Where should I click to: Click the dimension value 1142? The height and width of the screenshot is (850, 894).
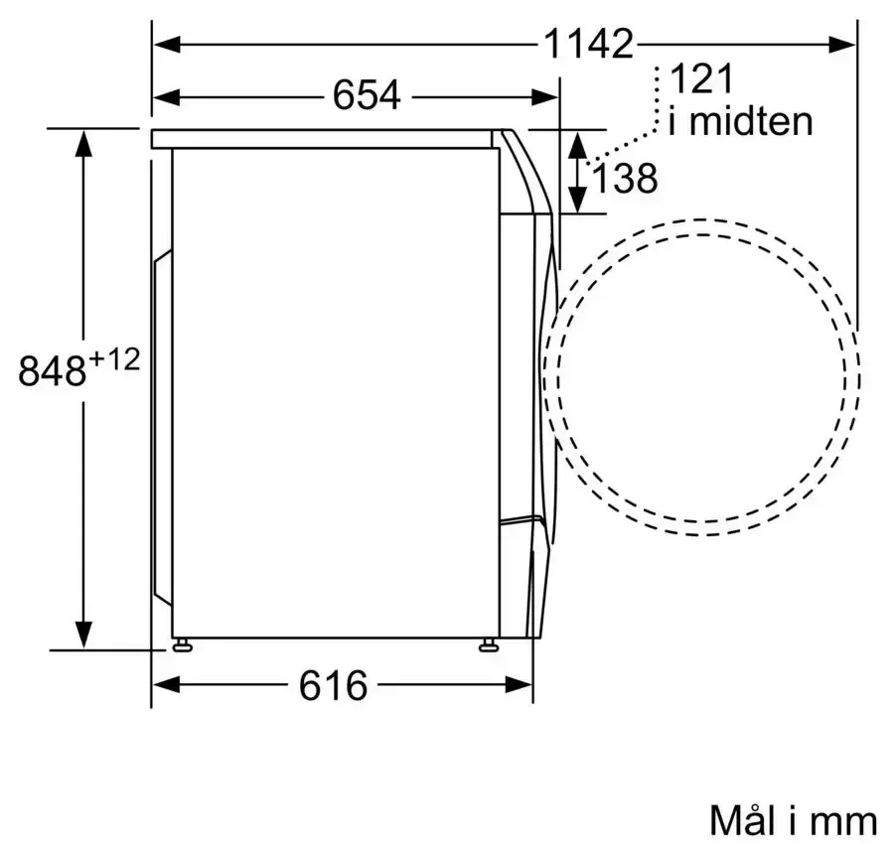click(x=588, y=44)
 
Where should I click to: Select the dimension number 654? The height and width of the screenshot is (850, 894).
click(x=367, y=95)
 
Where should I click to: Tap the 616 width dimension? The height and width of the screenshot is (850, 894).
click(x=334, y=685)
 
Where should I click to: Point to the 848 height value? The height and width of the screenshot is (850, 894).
click(x=52, y=371)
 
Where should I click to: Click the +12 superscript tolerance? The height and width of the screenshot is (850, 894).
click(x=114, y=360)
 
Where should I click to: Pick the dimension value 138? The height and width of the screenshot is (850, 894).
click(x=625, y=178)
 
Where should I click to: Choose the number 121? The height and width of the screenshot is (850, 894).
click(x=701, y=78)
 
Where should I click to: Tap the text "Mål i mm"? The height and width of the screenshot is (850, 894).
click(x=793, y=821)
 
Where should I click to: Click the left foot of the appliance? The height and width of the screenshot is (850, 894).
click(x=182, y=644)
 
